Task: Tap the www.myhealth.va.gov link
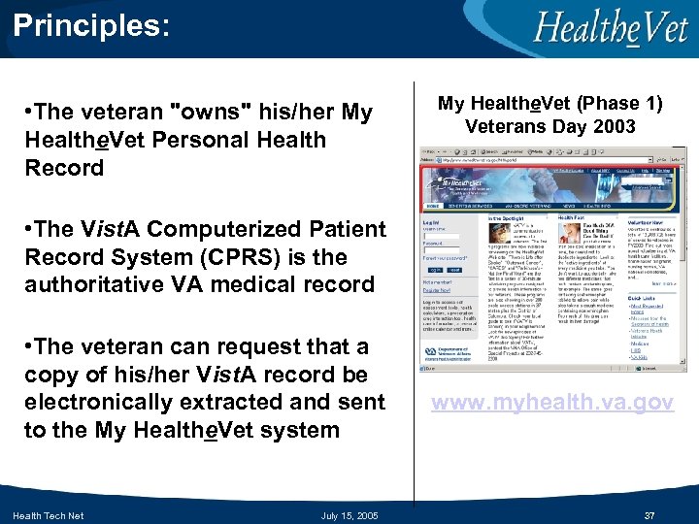[552, 403]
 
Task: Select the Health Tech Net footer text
[49, 515]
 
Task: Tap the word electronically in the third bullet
[93, 402]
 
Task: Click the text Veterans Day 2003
[549, 126]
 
